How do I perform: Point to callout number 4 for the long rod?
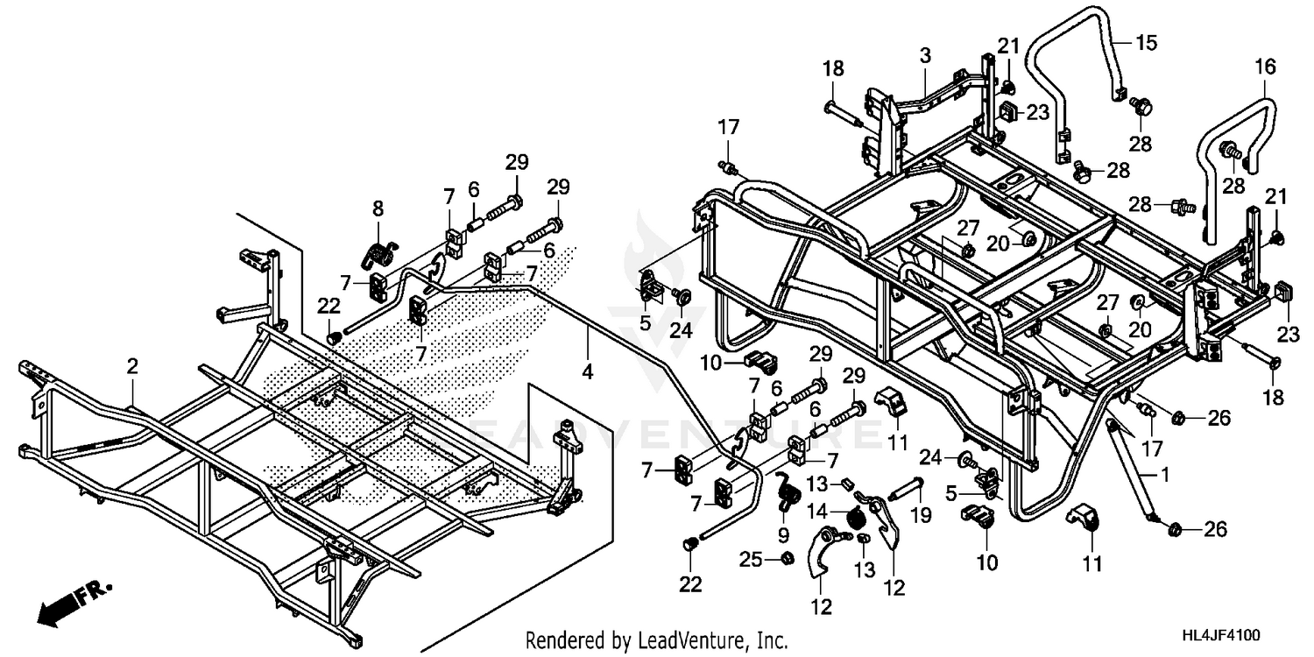(587, 371)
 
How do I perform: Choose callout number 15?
(1147, 41)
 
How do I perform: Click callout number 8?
(378, 208)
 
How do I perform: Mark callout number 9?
(783, 533)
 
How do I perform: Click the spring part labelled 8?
(378, 254)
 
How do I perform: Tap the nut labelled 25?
(786, 558)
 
